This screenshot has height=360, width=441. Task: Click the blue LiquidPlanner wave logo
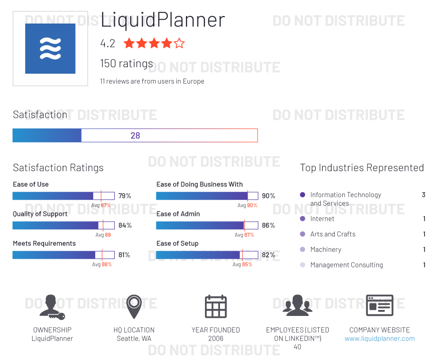(x=50, y=49)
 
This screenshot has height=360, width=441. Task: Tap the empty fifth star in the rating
(x=179, y=44)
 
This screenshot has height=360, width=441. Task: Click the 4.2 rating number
(x=108, y=44)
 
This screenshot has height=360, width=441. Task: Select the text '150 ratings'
(x=127, y=64)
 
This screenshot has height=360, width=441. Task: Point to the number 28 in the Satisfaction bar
(x=135, y=136)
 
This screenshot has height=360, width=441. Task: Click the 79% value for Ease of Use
(x=125, y=196)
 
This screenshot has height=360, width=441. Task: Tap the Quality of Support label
(x=40, y=214)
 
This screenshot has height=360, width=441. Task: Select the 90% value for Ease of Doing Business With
(x=269, y=196)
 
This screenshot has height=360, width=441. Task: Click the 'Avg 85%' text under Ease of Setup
(x=243, y=264)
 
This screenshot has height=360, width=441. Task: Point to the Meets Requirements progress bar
(x=64, y=255)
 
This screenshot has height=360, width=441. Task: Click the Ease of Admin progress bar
(x=207, y=225)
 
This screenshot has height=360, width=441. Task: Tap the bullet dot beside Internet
(x=302, y=219)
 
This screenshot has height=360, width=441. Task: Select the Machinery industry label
(x=326, y=249)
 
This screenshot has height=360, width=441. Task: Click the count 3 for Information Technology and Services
(x=423, y=195)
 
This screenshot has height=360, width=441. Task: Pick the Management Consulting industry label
(x=346, y=265)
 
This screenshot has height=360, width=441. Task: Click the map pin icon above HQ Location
(x=134, y=306)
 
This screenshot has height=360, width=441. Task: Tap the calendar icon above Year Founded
(x=216, y=306)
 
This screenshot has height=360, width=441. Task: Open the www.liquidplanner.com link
(x=379, y=338)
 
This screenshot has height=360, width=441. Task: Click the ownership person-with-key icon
(x=52, y=306)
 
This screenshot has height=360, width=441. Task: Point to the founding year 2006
(x=216, y=338)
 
